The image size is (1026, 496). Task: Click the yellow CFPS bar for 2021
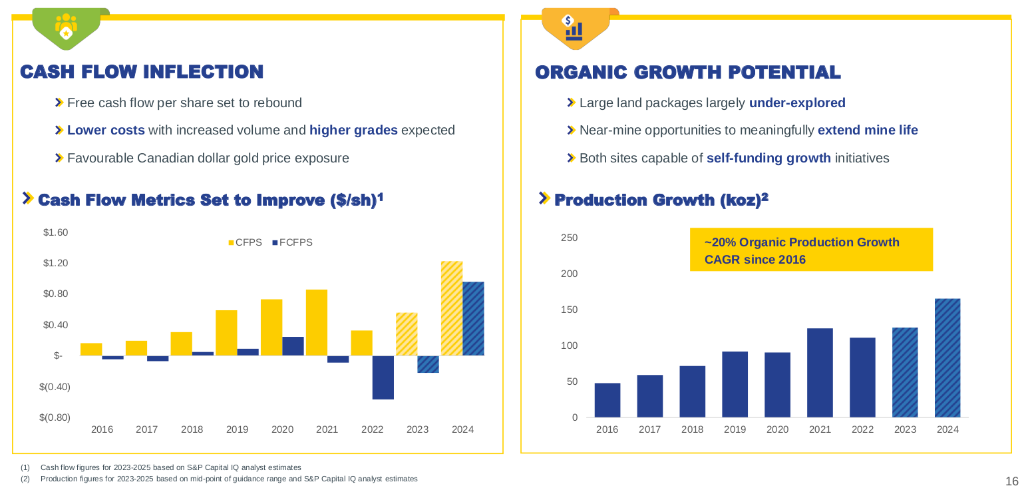pyautogui.click(x=317, y=322)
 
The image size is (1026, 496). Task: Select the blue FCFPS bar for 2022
pyautogui.click(x=383, y=377)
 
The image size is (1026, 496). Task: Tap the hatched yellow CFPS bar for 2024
pyautogui.click(x=452, y=308)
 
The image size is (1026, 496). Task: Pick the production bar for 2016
pyautogui.click(x=607, y=400)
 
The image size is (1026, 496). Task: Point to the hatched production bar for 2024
pyautogui.click(x=947, y=358)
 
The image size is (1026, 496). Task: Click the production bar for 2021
pyautogui.click(x=820, y=373)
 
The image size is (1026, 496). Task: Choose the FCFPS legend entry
pyautogui.click(x=292, y=242)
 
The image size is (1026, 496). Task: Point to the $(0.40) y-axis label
pyautogui.click(x=55, y=386)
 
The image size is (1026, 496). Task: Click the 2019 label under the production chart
pyautogui.click(x=735, y=429)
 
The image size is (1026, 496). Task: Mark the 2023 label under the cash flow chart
pyautogui.click(x=417, y=429)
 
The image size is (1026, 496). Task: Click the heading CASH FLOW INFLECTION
pyautogui.click(x=142, y=72)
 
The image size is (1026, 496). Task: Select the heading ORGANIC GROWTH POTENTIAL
pyautogui.click(x=688, y=73)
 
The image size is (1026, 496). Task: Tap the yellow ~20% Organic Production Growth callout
pyautogui.click(x=810, y=250)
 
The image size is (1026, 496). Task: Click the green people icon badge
pyautogui.click(x=66, y=29)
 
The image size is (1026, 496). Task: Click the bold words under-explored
pyautogui.click(x=797, y=103)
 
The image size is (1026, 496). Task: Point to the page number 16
pyautogui.click(x=1011, y=481)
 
